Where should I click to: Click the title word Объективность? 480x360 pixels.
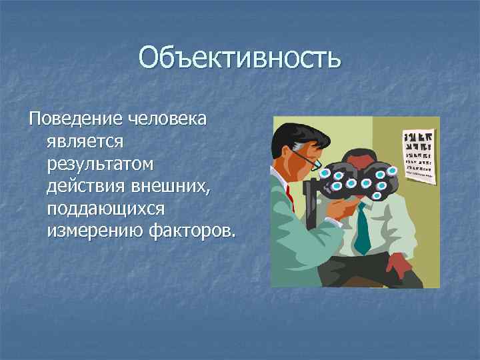tap(240, 58)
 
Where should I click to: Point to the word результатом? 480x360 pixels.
tap(100, 163)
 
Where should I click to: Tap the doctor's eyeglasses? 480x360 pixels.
tap(308, 159)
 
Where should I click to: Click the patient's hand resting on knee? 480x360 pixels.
tap(398, 267)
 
